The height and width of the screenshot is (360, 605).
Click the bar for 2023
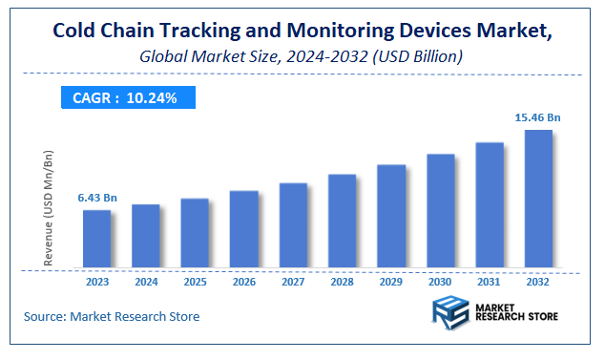tap(96, 239)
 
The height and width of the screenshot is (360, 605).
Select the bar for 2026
tap(243, 229)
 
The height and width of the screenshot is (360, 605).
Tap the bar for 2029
tap(391, 216)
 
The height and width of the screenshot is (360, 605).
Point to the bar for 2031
tap(490, 205)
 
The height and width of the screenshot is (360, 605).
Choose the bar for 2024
tap(145, 236)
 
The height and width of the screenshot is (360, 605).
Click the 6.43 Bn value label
tap(97, 198)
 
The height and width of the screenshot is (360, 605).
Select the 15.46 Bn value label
tap(537, 117)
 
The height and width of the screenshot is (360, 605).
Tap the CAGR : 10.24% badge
tap(130, 96)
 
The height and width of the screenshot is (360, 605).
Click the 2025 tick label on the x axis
tap(195, 283)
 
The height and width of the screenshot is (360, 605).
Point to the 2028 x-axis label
tap(342, 283)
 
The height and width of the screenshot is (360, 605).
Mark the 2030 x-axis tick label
tap(440, 283)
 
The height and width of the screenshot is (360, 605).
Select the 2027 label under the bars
tap(293, 283)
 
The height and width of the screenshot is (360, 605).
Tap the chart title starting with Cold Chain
tap(302, 32)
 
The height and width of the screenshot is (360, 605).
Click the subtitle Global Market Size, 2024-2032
tap(302, 57)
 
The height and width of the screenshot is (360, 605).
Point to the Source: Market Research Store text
tap(113, 316)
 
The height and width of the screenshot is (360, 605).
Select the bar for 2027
tap(293, 225)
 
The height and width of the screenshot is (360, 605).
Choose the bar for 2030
tap(440, 211)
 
